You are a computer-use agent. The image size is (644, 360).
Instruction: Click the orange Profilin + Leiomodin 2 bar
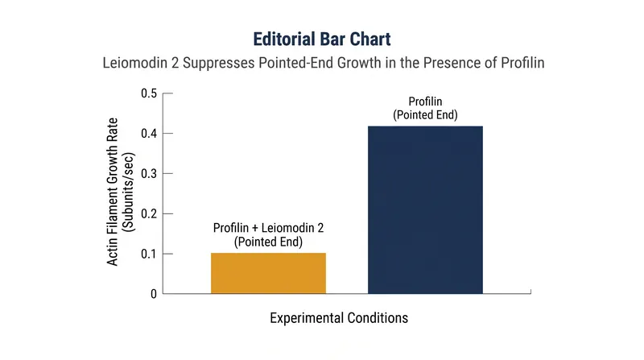(268, 273)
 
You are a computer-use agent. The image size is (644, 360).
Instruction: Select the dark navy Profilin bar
(425, 210)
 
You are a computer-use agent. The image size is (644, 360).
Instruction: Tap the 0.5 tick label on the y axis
(149, 93)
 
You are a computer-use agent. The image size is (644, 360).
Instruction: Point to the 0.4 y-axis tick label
(149, 134)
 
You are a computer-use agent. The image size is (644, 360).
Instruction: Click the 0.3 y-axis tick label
(149, 174)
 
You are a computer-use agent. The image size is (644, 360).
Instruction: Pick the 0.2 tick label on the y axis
(149, 213)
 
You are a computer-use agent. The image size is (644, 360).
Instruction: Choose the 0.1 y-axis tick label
(149, 254)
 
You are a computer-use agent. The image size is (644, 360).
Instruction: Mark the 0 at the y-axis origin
(154, 294)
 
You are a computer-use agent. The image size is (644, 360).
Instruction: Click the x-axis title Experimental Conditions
(339, 318)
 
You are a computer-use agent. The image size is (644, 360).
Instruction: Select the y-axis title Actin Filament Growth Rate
(112, 192)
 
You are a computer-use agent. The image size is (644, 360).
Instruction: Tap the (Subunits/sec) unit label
(129, 192)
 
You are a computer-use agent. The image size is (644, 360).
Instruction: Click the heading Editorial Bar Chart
(322, 39)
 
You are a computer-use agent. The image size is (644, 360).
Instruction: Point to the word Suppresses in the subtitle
(218, 64)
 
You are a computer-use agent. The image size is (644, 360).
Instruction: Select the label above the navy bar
(425, 108)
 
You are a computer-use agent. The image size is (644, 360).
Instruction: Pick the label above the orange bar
(268, 234)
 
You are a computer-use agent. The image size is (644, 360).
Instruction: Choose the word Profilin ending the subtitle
(522, 64)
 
